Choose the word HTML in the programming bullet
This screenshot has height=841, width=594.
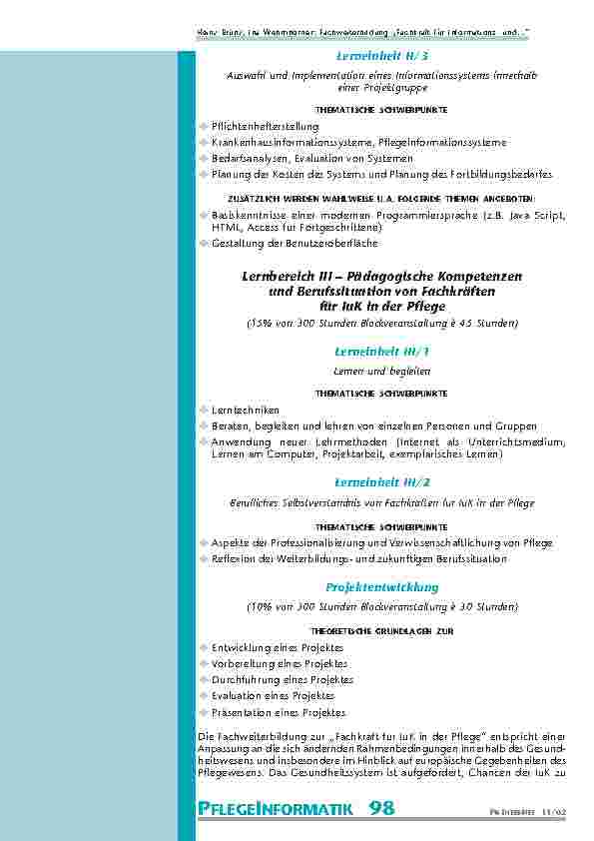click(x=225, y=228)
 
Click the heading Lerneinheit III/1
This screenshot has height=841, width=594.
click(x=382, y=351)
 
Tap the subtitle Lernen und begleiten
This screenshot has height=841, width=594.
click(x=382, y=371)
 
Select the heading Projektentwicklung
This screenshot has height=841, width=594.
click(x=382, y=586)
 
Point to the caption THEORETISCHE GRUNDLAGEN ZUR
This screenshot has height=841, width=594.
click(x=382, y=632)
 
